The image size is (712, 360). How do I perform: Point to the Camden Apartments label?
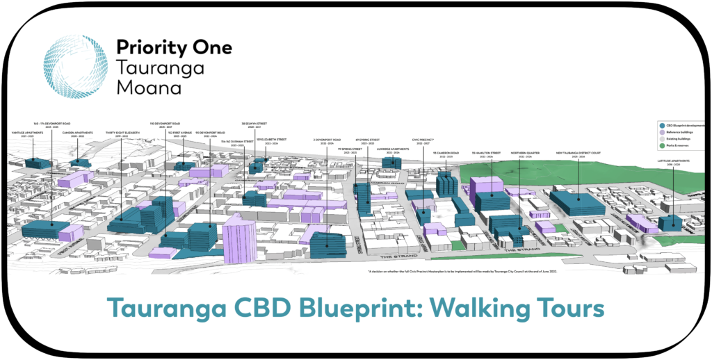(77, 134)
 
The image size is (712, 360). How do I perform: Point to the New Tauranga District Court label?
(576, 154)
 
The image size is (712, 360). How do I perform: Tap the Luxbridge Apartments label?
(393, 149)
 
